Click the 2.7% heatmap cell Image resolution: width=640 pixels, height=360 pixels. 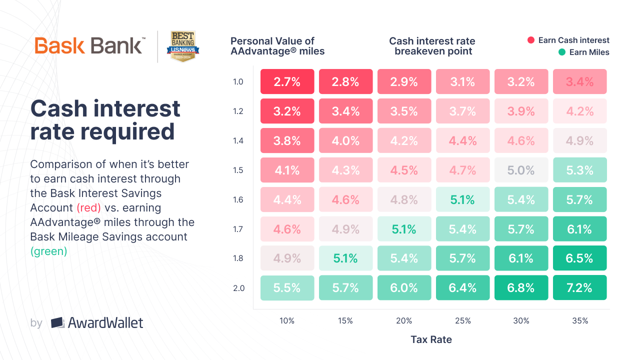click(287, 81)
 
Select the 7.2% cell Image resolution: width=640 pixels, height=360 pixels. click(579, 287)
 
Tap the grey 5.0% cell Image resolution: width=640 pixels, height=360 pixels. click(521, 170)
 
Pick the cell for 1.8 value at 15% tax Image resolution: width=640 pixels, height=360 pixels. click(345, 258)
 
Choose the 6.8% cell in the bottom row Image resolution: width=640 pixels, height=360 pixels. click(521, 287)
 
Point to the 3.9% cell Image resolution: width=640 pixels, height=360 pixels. click(521, 111)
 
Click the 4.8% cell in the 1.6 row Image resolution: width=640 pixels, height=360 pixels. click(404, 199)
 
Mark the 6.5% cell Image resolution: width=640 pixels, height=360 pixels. click(579, 258)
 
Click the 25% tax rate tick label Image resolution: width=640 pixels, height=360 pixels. click(462, 321)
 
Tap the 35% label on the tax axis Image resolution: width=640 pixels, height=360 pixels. click(579, 321)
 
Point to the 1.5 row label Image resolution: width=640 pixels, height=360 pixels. click(238, 170)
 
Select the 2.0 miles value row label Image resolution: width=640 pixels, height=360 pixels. click(238, 288)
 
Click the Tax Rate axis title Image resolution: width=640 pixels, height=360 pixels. click(431, 339)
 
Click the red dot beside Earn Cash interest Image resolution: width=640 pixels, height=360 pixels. click(531, 40)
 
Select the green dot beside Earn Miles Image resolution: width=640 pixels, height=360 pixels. click(562, 52)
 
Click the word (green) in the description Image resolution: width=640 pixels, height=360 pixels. click(48, 251)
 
